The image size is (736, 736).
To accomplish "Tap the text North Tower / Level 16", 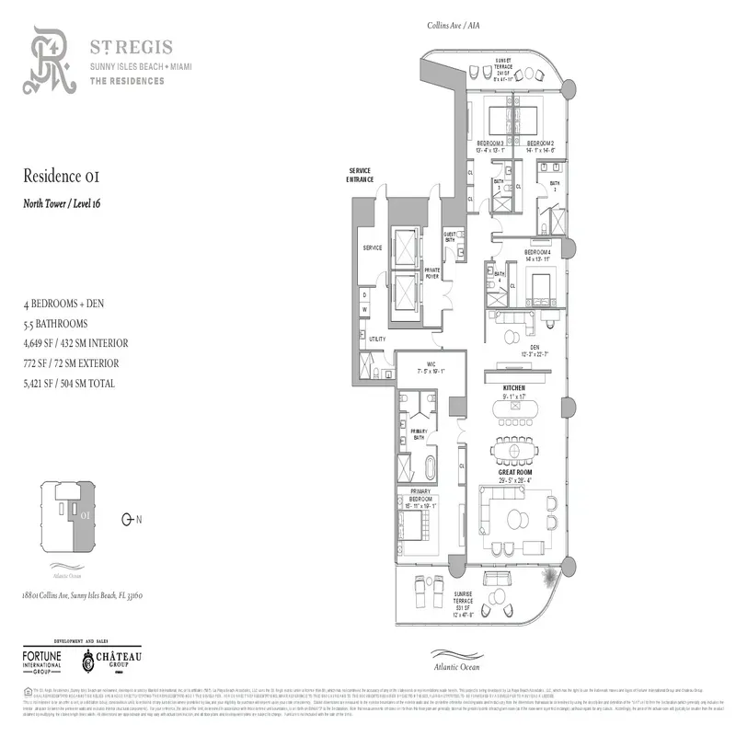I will coord(63,203).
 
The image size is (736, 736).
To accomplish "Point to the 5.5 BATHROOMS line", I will coord(56,324).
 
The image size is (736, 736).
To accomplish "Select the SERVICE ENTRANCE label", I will coord(361,175).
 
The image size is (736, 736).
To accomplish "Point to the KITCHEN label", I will coord(513,389).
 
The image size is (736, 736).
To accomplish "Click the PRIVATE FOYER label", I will coord(431,272).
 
